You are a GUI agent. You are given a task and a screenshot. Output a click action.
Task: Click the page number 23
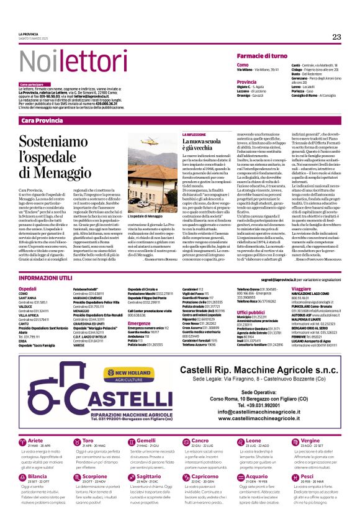(336, 37)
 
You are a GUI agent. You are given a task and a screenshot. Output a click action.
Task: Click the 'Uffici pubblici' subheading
(251, 312)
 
